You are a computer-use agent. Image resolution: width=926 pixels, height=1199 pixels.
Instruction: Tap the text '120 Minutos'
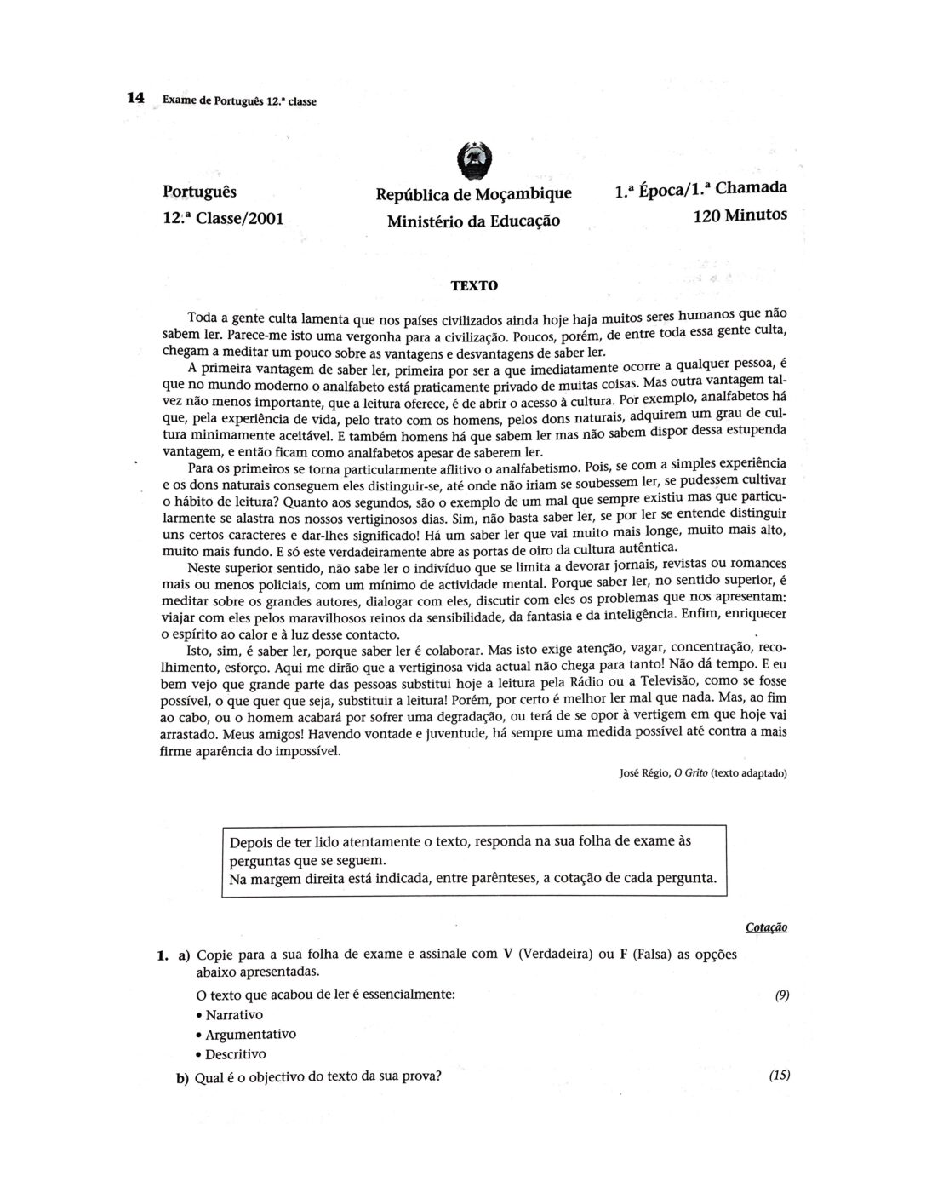(740, 215)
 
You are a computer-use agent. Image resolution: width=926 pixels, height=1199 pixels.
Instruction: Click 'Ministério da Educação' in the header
(474, 221)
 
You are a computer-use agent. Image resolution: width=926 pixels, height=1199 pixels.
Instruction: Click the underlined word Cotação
(767, 927)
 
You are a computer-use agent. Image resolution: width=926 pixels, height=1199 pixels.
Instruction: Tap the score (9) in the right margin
(781, 995)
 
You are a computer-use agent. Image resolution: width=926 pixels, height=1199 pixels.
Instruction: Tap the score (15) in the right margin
(779, 1075)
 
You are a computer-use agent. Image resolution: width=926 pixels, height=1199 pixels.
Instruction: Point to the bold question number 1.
(161, 955)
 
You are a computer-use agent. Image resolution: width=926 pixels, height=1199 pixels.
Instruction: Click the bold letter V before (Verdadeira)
(507, 954)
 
